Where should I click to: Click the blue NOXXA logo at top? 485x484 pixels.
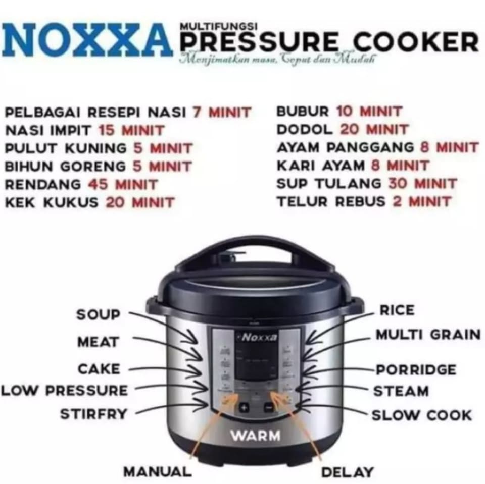87,40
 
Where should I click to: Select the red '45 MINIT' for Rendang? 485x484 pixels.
123,184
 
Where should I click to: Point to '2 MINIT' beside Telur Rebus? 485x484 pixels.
422,201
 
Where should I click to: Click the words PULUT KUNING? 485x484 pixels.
66,148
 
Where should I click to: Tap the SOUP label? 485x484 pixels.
99,314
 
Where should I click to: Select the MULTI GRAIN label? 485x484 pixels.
427,334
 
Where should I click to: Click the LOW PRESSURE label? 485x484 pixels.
64,390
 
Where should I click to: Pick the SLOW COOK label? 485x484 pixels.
422,415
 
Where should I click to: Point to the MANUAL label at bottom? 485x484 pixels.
158,472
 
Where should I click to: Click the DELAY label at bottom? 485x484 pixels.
348,472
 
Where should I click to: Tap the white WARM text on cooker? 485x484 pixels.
256,435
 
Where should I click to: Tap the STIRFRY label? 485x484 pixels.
93,414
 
